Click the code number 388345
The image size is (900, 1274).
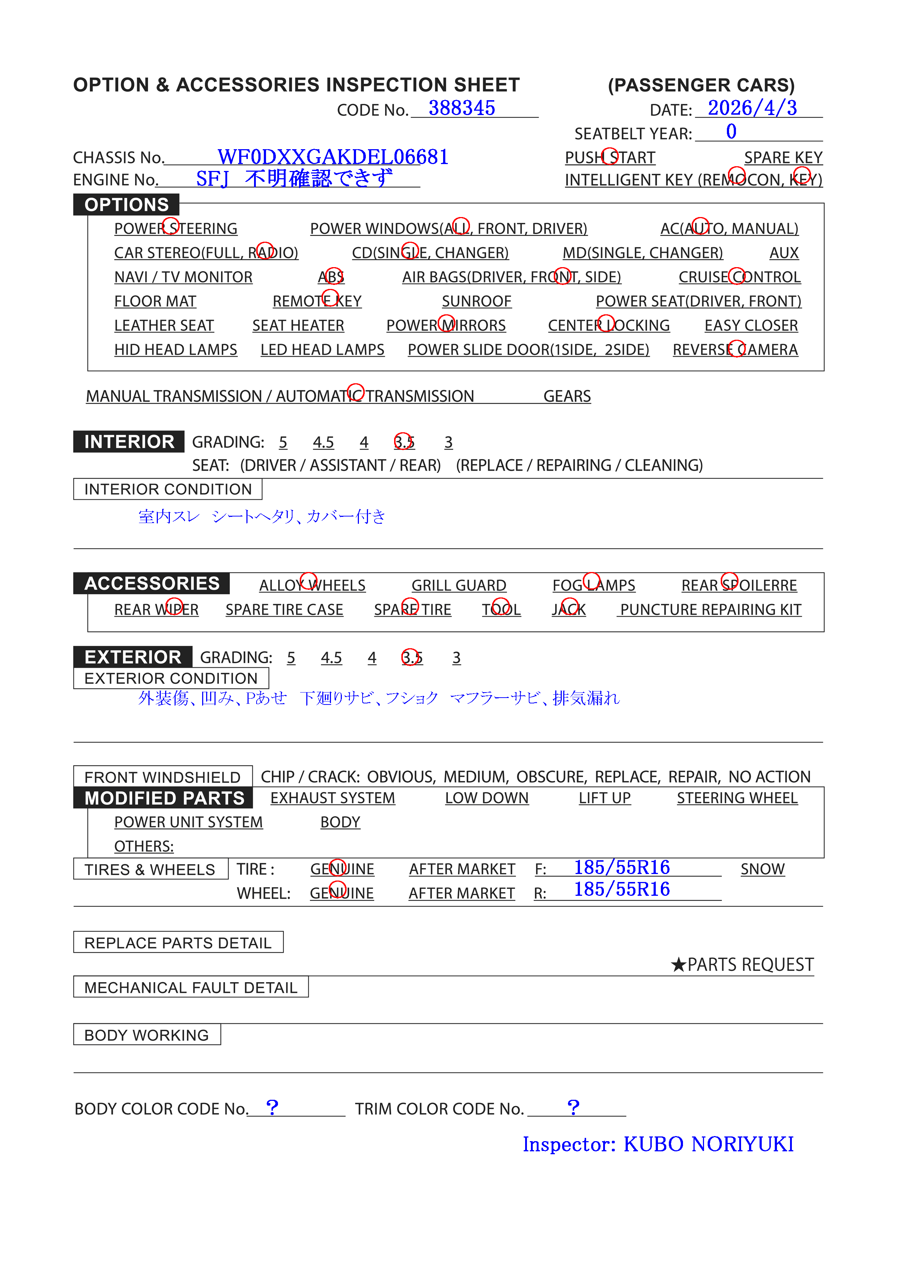coord(461,108)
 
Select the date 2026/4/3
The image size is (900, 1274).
coord(752,108)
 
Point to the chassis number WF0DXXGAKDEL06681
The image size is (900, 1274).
coord(333,157)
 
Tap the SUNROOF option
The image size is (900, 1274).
coord(476,301)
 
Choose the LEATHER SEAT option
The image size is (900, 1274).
coord(164,326)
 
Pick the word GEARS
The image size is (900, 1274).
coord(566,396)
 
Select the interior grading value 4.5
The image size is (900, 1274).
coord(323,442)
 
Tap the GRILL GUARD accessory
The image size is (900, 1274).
coord(458,585)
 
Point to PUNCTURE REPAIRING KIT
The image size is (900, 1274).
coord(710,610)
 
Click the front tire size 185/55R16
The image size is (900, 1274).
coord(621,867)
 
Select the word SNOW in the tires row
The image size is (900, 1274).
coord(762,869)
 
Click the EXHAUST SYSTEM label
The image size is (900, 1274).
coord(332,798)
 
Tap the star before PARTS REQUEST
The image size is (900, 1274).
coord(678,965)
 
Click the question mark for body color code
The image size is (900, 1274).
coord(272,1107)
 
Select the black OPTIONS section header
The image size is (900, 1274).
coord(127,205)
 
